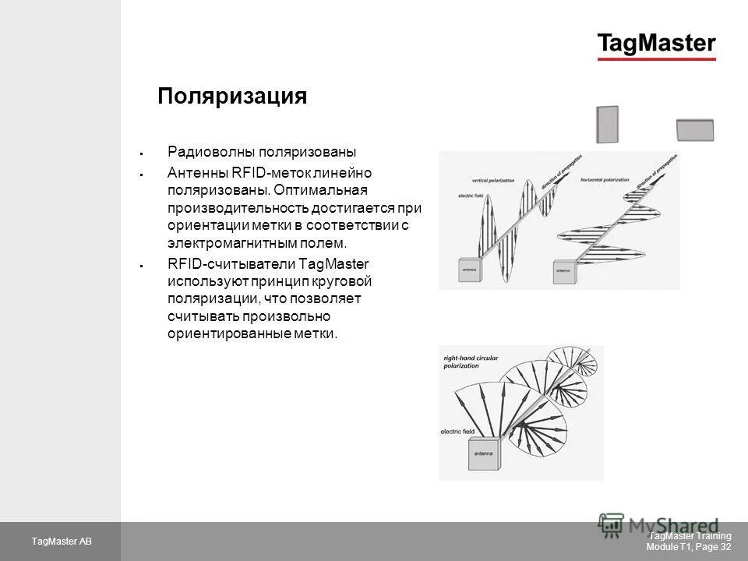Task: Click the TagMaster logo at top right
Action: (x=656, y=44)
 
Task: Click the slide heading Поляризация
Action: (x=232, y=96)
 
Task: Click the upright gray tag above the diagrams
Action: (x=607, y=125)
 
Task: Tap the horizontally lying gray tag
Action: (x=695, y=129)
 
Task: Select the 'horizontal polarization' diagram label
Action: (x=605, y=181)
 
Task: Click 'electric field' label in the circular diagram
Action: (x=457, y=431)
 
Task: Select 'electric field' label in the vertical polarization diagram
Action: (x=472, y=196)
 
